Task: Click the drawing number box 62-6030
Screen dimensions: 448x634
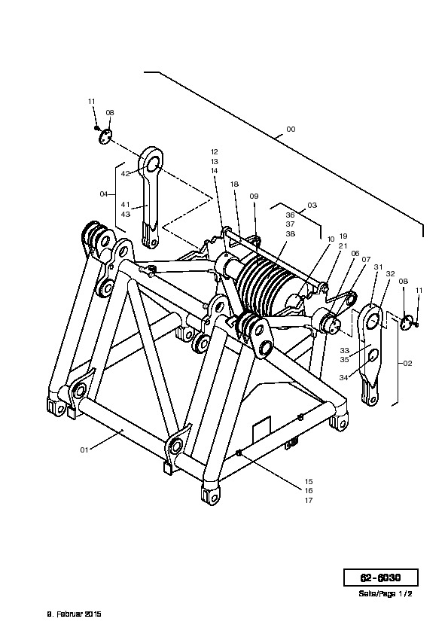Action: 380,578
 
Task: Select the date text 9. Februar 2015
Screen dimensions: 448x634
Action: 75,614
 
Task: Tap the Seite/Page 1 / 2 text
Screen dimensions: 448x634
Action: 385,594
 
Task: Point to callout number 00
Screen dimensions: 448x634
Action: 291,130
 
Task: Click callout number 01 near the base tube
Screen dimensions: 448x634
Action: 84,450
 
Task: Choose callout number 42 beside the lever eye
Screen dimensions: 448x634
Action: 125,173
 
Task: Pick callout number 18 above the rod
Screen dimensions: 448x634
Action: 234,184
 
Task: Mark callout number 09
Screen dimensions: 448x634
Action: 254,196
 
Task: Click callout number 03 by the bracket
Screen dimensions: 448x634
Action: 312,205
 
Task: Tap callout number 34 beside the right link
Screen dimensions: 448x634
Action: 343,378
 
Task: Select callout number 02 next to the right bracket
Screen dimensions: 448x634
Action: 407,363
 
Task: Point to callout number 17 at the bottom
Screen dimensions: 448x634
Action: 309,501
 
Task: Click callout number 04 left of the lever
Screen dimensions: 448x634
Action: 104,194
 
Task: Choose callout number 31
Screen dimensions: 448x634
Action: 378,267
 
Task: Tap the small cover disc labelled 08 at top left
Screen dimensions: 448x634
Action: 105,136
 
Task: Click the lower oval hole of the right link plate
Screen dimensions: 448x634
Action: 373,355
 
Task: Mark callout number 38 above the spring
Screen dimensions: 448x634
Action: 291,233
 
